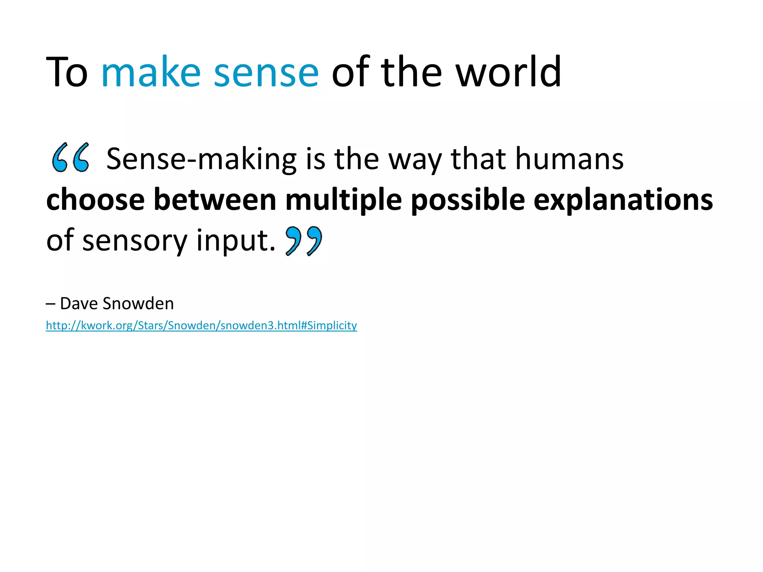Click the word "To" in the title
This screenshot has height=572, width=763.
coord(67,72)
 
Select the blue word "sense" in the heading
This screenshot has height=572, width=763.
coord(266,72)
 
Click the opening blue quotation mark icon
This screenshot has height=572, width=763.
coord(70,158)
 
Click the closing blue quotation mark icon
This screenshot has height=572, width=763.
coord(304,241)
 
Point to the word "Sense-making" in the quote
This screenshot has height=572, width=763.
coord(201,159)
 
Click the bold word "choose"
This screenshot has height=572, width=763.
coord(95,200)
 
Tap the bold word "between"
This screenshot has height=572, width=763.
coord(215,200)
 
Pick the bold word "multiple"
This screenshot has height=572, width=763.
coord(343,200)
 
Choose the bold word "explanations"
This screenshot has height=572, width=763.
coord(623,200)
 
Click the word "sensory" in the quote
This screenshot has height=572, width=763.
coord(134,241)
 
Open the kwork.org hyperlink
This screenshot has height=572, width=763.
coord(201,325)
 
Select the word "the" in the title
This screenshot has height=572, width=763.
coord(411,72)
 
